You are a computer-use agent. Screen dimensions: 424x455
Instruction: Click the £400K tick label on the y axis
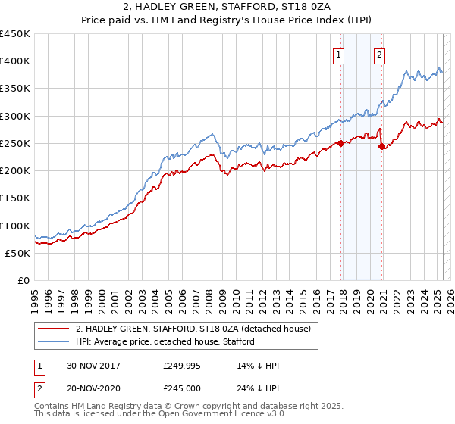coord(14,61)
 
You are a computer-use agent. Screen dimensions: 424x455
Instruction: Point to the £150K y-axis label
coord(14,198)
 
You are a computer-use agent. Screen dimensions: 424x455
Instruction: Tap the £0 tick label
coord(23,281)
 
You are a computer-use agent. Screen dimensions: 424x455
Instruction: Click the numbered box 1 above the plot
coord(337,54)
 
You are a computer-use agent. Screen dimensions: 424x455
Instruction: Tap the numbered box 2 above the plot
coord(378,54)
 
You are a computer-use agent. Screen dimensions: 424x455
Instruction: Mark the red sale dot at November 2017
coord(341,143)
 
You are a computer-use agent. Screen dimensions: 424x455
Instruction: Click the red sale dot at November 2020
coord(381,146)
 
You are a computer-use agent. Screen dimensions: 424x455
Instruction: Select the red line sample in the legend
coord(54,329)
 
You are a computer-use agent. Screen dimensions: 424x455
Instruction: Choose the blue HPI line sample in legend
coord(54,341)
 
